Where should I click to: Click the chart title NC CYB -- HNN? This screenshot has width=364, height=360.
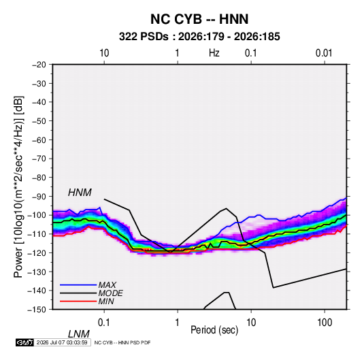(199, 19)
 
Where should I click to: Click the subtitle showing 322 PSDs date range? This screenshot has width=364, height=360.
(199, 37)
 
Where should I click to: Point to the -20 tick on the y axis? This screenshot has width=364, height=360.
(39, 65)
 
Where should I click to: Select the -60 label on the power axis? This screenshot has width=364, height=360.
(39, 140)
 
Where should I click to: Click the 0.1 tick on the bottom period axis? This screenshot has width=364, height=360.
(103, 323)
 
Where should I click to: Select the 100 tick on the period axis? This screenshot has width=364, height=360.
(325, 323)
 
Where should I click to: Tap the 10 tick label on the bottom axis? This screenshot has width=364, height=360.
(251, 323)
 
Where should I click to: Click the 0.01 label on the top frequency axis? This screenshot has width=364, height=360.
(324, 53)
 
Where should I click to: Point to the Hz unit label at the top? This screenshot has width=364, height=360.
(214, 53)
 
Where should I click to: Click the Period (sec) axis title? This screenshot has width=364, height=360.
(214, 330)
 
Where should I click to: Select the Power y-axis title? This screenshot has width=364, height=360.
(18, 187)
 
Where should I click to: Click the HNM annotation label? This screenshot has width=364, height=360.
(80, 193)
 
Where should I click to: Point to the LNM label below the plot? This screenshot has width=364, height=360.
(78, 334)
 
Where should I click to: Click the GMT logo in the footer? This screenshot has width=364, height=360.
(24, 342)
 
